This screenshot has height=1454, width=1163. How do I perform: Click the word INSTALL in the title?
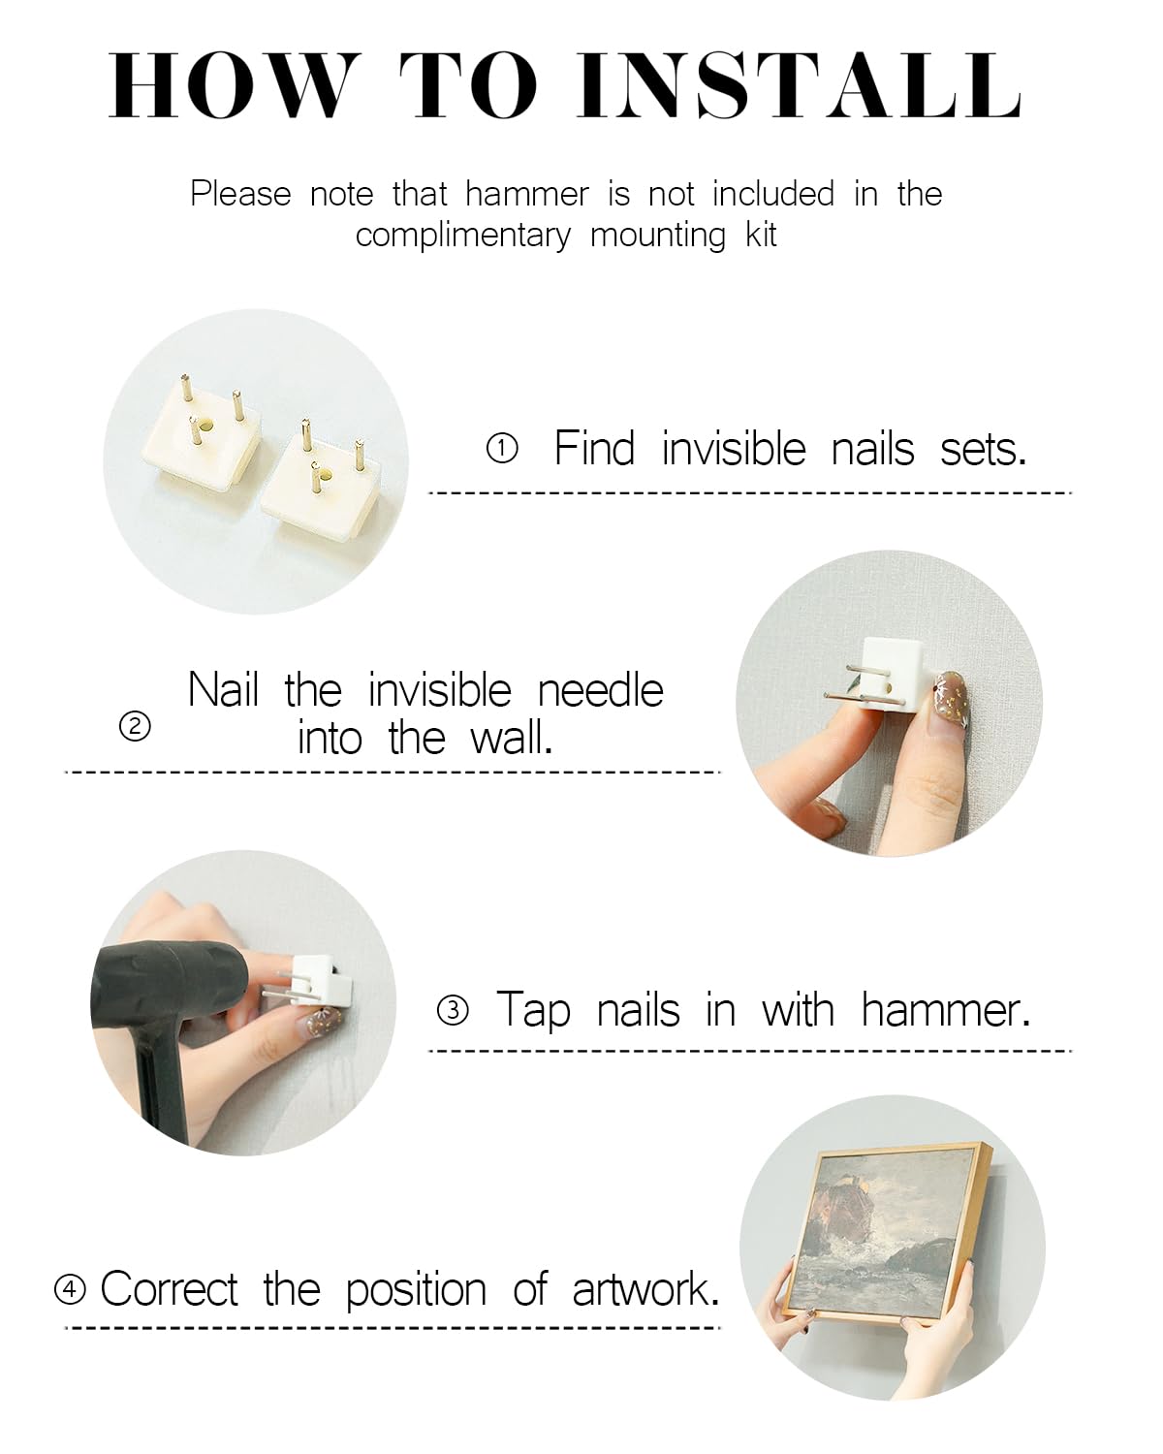point(800,86)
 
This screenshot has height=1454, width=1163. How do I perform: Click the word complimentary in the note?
point(463,236)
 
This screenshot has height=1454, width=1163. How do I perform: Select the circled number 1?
point(502,449)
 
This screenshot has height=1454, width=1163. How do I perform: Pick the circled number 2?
point(135,727)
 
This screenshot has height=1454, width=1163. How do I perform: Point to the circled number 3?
point(453,1011)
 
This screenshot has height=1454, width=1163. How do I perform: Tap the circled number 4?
point(70,1289)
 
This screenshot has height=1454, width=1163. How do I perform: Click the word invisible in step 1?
point(734,448)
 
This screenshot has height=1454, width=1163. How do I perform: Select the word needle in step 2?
point(601,690)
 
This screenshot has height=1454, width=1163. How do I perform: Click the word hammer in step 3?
point(946,1010)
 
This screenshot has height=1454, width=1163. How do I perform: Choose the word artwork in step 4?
point(645,1289)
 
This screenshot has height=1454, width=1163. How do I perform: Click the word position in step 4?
point(416,1290)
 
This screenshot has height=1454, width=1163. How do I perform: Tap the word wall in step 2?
point(510,738)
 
